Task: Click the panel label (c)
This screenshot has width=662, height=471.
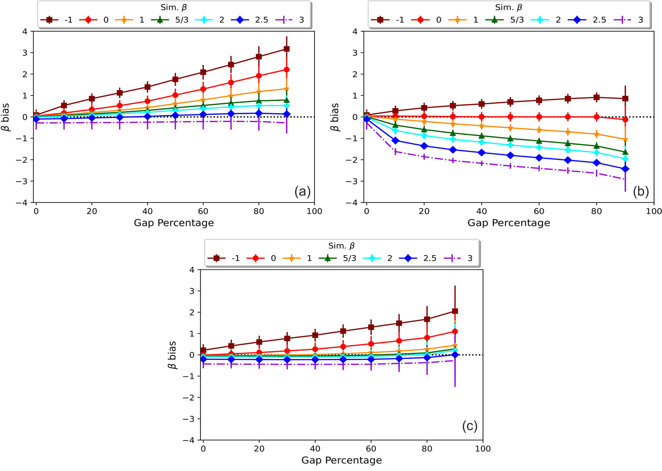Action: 470,426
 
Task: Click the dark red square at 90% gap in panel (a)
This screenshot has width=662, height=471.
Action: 287,49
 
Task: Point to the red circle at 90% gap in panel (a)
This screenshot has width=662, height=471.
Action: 287,70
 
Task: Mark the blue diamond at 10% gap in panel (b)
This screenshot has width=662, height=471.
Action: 396,140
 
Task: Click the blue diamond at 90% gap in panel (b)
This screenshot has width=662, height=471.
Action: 625,169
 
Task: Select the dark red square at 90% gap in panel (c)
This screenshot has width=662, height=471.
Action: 455,311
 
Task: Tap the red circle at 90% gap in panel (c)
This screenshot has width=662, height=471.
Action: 455,331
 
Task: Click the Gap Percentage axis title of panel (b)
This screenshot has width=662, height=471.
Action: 509,223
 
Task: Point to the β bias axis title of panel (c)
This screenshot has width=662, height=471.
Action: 172,355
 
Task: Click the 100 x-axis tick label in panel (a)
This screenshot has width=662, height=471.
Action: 314,212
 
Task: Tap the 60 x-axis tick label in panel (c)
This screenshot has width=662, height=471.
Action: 371,449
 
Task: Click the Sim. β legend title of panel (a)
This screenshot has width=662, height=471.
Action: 174,7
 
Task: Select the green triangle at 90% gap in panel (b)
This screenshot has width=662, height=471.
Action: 625,152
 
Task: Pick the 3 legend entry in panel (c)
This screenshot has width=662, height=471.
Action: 461,258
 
